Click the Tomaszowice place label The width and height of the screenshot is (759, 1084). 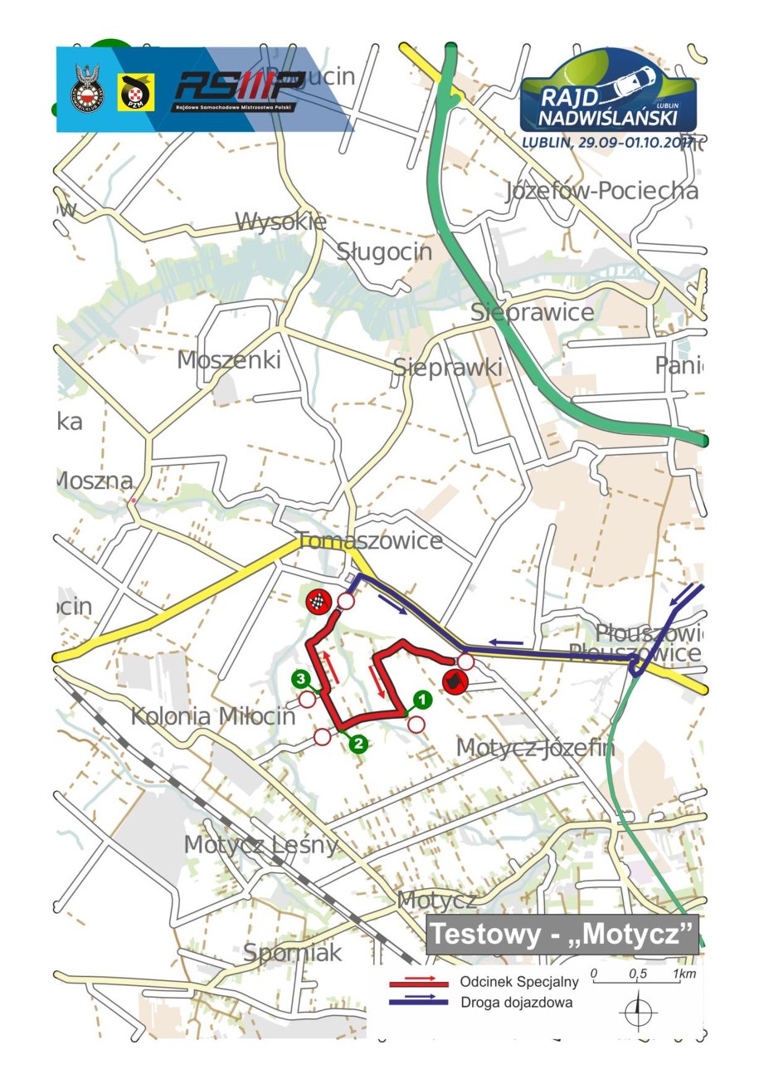coord(369,541)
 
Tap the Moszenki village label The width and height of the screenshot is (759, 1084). coord(229,360)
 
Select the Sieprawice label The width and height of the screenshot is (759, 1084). coord(532,312)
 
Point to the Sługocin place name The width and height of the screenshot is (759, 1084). coord(384,251)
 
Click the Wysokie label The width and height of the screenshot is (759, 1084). coord(280,222)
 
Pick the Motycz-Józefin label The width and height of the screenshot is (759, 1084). coord(535,748)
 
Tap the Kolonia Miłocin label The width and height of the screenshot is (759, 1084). coord(213,715)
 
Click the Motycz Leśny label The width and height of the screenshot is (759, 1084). coord(261,845)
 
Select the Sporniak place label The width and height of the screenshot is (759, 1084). coord(292,952)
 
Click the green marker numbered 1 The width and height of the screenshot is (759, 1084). coord(421,700)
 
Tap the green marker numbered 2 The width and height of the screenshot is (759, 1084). coord(358,744)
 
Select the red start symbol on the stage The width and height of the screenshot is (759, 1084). coord(454,682)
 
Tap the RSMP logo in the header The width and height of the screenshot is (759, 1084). coord(238,90)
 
